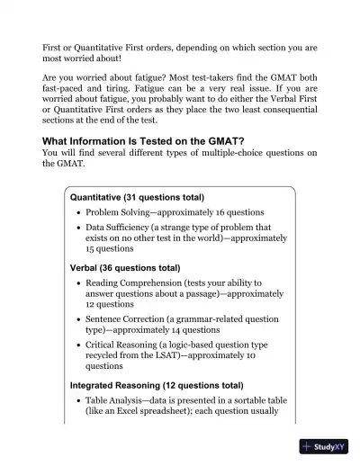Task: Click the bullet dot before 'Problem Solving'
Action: tap(78, 212)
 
